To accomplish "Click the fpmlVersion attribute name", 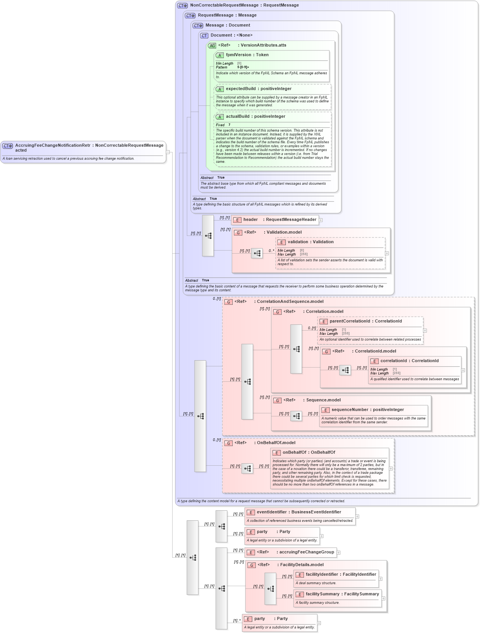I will click(x=238, y=55).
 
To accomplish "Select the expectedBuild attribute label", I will click(x=240, y=89).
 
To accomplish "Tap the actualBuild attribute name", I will click(x=237, y=117).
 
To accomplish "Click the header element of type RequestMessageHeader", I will click(x=250, y=220).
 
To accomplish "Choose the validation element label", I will click(x=298, y=242).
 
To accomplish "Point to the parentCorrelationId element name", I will click(x=349, y=321).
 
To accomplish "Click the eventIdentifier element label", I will click(x=272, y=512).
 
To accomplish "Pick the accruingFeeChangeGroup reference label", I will click(x=306, y=552).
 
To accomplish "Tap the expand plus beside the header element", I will click(x=321, y=220).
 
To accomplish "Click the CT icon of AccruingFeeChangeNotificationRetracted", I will click(x=8, y=146).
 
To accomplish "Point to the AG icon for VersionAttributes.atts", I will click(x=212, y=46).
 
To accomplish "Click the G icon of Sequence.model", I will click(x=277, y=401).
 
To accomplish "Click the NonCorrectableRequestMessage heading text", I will click(x=224, y=5).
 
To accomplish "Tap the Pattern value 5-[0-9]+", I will click(x=243, y=67).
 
